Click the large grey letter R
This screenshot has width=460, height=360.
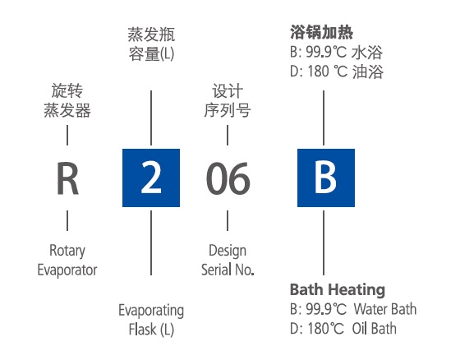(67, 178)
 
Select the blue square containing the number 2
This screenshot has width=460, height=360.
(151, 178)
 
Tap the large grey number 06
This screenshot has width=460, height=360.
(228, 178)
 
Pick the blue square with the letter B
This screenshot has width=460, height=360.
(326, 178)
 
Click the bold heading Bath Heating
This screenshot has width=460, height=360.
(338, 290)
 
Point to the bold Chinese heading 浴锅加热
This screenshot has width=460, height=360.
(321, 32)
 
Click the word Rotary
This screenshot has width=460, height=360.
(67, 251)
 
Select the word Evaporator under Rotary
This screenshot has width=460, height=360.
(67, 270)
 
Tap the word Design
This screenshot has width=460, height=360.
(228, 251)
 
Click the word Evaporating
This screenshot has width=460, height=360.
(151, 311)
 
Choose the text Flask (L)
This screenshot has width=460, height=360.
(151, 330)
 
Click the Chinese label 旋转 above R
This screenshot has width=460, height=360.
(67, 90)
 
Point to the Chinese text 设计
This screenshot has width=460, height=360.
(228, 91)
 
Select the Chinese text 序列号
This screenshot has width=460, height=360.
(228, 111)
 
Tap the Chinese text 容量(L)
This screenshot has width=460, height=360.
(151, 54)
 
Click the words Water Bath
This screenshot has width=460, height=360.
(385, 309)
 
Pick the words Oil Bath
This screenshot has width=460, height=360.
(374, 329)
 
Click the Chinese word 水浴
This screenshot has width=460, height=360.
(367, 53)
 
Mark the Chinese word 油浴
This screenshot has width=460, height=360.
(368, 72)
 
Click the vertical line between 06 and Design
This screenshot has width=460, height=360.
(228, 220)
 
